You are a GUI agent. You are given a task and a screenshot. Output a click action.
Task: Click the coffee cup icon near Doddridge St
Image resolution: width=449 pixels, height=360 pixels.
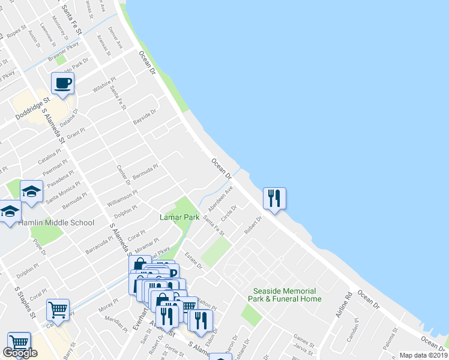62,83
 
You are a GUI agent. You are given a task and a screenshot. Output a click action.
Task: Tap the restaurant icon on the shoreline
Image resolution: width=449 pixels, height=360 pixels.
274,198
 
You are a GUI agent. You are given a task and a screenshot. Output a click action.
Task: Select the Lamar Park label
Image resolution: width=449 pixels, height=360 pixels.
179,217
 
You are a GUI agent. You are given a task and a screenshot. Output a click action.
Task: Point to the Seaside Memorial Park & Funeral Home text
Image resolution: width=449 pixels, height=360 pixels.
287,295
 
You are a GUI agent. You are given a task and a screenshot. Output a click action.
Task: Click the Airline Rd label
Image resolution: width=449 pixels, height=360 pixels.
348,305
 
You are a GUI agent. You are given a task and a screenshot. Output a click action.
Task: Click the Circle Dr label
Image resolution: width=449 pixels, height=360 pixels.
230,212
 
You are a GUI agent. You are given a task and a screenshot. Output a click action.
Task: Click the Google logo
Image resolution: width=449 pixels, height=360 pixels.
20,353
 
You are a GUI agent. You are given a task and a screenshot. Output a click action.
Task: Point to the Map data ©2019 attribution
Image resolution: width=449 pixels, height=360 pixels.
423,355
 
